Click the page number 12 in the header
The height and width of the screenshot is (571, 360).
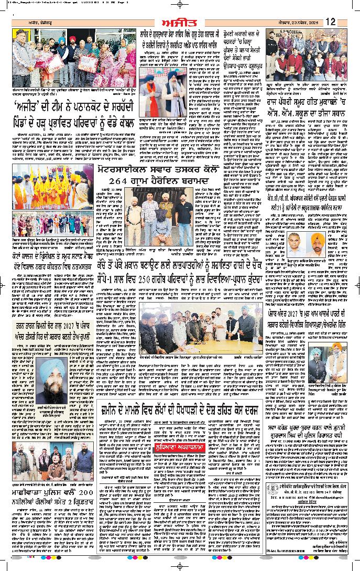[x=330, y=21]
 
